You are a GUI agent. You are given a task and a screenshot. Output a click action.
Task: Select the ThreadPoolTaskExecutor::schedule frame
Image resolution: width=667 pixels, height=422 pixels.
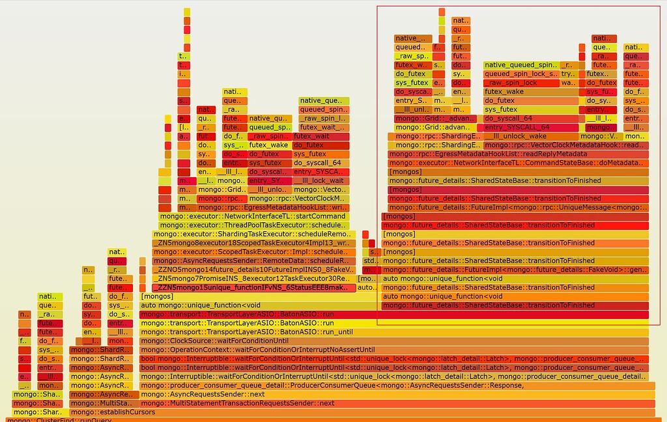(253, 225)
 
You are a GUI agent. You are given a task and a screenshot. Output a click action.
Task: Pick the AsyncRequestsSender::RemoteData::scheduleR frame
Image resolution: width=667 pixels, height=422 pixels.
(253, 260)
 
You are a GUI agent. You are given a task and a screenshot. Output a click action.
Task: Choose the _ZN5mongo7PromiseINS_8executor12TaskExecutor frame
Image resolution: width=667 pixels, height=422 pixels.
(253, 278)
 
